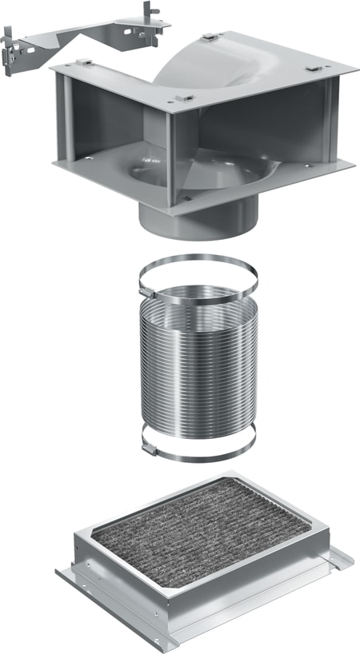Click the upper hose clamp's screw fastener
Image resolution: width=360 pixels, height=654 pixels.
149,290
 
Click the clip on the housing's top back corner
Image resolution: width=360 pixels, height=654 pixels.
210,37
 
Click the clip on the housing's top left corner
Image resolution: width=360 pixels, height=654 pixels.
83,62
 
